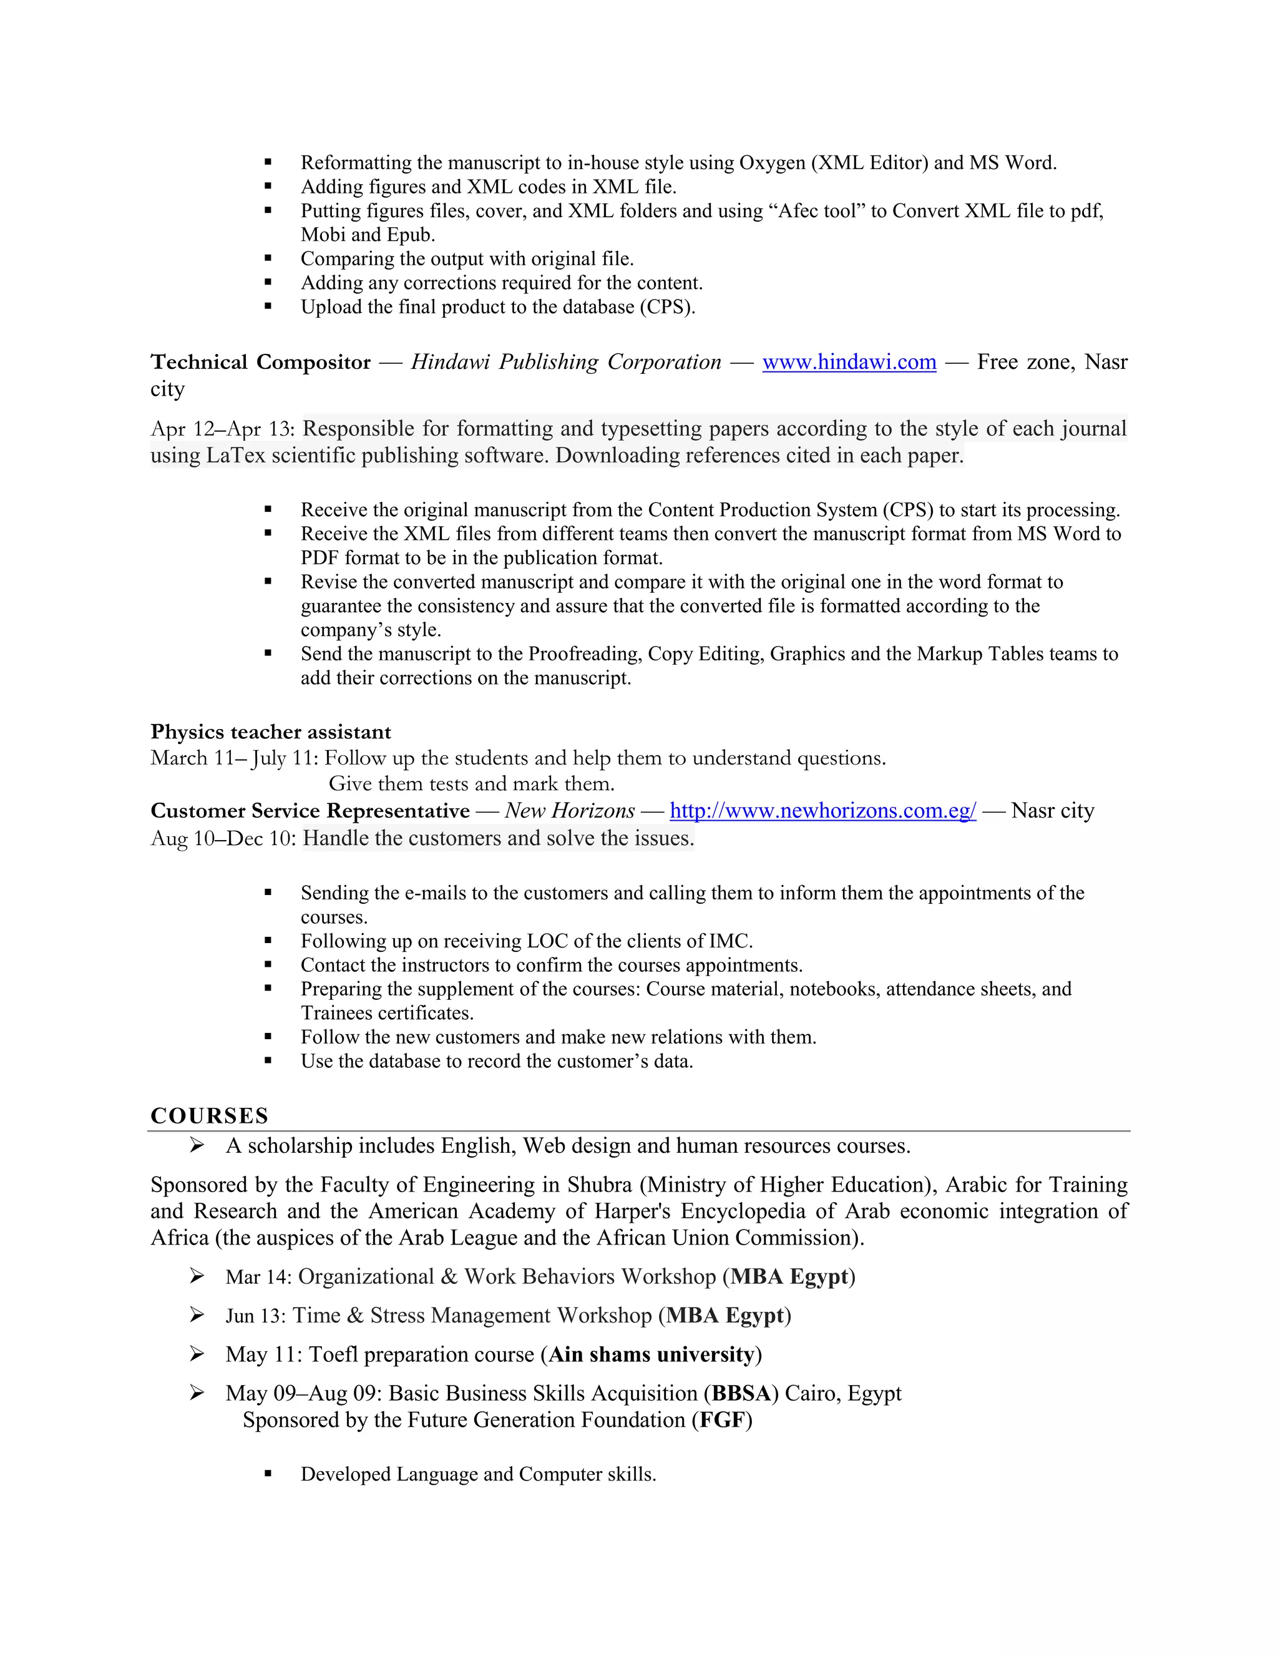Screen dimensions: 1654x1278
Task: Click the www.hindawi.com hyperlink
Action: tap(849, 363)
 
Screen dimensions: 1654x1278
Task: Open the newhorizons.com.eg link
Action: tap(823, 811)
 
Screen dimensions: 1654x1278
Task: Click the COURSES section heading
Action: tap(210, 1115)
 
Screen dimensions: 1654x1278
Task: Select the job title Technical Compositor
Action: tap(260, 363)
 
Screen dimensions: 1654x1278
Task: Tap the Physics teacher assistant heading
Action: tap(270, 732)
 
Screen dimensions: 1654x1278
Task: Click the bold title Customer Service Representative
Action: tap(310, 811)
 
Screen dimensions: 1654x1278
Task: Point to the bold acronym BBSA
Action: tap(741, 1394)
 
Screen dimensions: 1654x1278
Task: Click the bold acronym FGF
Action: tap(721, 1420)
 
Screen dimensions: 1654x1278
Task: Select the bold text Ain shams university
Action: tap(651, 1354)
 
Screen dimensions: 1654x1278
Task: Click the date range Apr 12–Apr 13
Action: tap(222, 429)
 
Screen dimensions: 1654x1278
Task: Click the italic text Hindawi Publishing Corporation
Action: tap(565, 363)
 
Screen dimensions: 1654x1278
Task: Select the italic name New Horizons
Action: tap(569, 811)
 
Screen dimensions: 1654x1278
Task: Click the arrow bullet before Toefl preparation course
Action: tap(197, 1354)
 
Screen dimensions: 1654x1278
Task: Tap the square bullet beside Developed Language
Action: tap(268, 1474)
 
